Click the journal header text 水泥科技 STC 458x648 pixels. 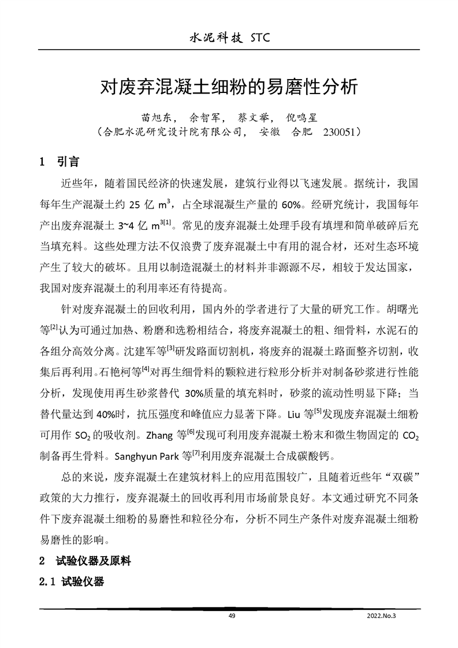point(229,39)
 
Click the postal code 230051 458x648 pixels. point(340,132)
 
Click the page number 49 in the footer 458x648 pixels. point(232,616)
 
